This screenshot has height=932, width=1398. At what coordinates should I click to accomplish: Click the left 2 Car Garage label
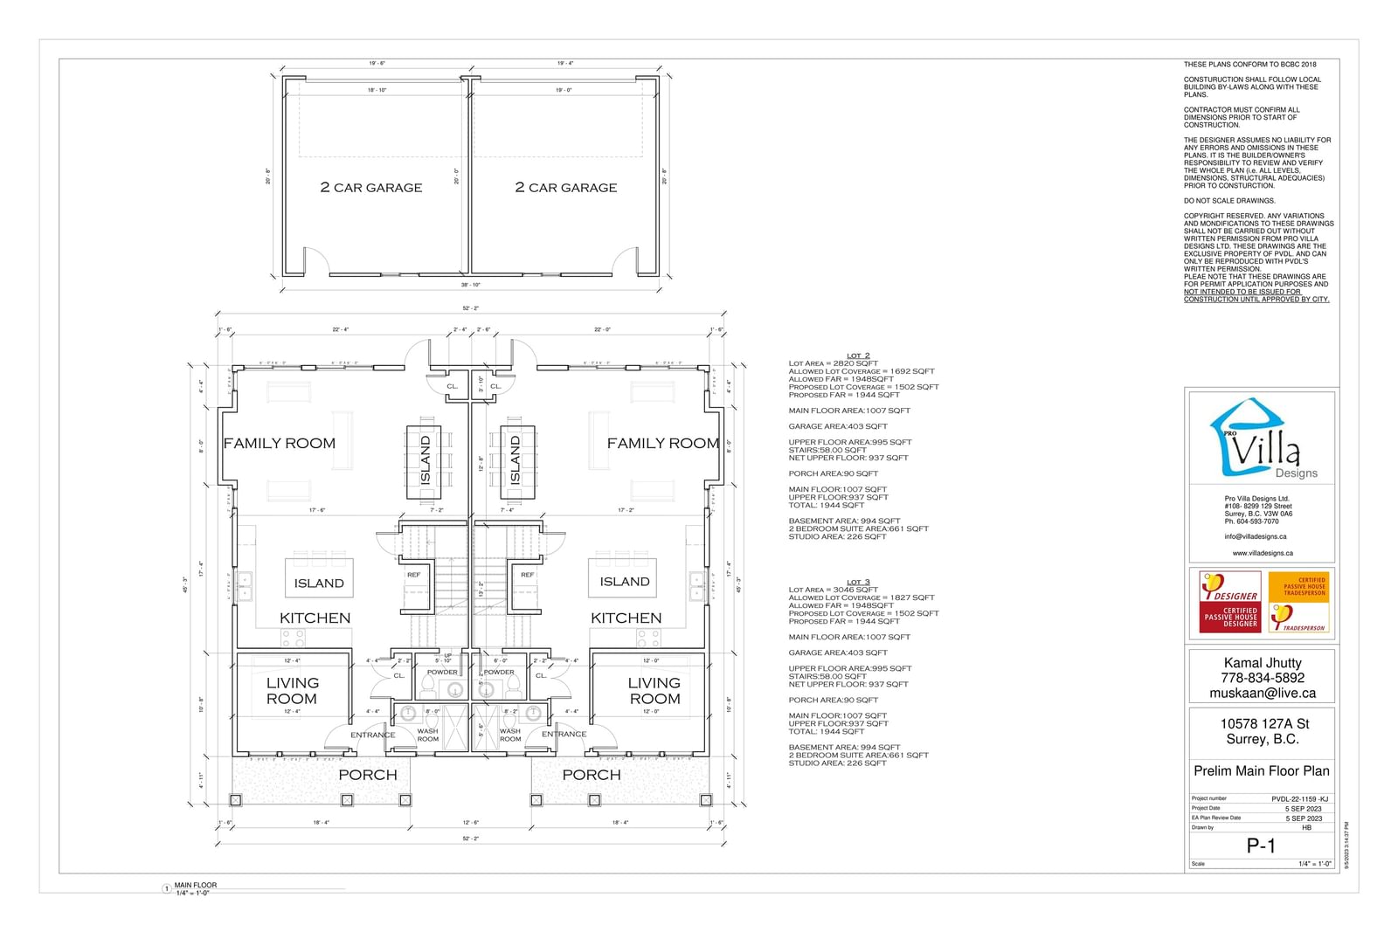click(x=371, y=187)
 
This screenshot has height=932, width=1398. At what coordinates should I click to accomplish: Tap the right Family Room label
click(x=663, y=443)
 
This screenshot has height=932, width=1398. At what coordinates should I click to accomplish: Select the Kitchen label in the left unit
click(x=315, y=618)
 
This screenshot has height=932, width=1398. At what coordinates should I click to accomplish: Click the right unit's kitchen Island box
click(x=625, y=581)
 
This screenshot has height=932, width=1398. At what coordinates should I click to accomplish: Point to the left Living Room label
click(x=292, y=690)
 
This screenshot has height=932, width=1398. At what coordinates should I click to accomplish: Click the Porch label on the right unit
click(x=592, y=775)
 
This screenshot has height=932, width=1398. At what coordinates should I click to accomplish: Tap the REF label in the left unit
click(x=413, y=575)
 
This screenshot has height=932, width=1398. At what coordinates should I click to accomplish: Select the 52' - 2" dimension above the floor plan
click(x=470, y=308)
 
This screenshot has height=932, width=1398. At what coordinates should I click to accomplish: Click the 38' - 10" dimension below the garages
click(x=470, y=285)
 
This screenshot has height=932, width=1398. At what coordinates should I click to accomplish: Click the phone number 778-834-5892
click(x=1262, y=678)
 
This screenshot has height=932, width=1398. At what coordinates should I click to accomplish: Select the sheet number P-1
click(x=1261, y=846)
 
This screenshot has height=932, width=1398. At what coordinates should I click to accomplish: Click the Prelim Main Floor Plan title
click(x=1262, y=770)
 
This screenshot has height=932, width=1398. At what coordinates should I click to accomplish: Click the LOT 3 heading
click(x=858, y=582)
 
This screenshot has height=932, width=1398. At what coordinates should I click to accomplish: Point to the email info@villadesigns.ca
click(x=1255, y=536)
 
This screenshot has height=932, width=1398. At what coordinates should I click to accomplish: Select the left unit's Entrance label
click(x=372, y=735)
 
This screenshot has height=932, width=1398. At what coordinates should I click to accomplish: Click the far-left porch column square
click(x=234, y=799)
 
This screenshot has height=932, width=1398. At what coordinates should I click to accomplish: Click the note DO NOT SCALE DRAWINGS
click(x=1229, y=200)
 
